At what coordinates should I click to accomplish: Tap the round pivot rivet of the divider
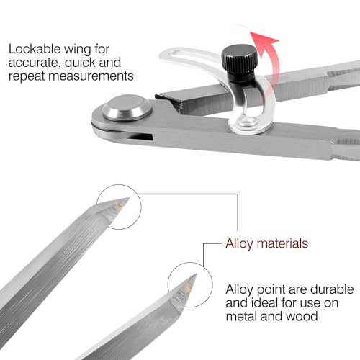[x=127, y=107]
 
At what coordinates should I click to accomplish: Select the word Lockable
[x=35, y=49]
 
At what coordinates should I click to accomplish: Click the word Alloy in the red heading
[x=239, y=244]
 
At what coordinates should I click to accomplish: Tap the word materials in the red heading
[x=282, y=243]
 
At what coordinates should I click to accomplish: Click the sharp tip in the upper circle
[x=130, y=198]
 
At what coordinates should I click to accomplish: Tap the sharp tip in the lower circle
[x=197, y=274]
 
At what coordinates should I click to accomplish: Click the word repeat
[x=27, y=76]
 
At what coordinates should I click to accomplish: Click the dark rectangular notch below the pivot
[x=140, y=136]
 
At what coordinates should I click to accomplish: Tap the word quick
[x=81, y=63]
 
